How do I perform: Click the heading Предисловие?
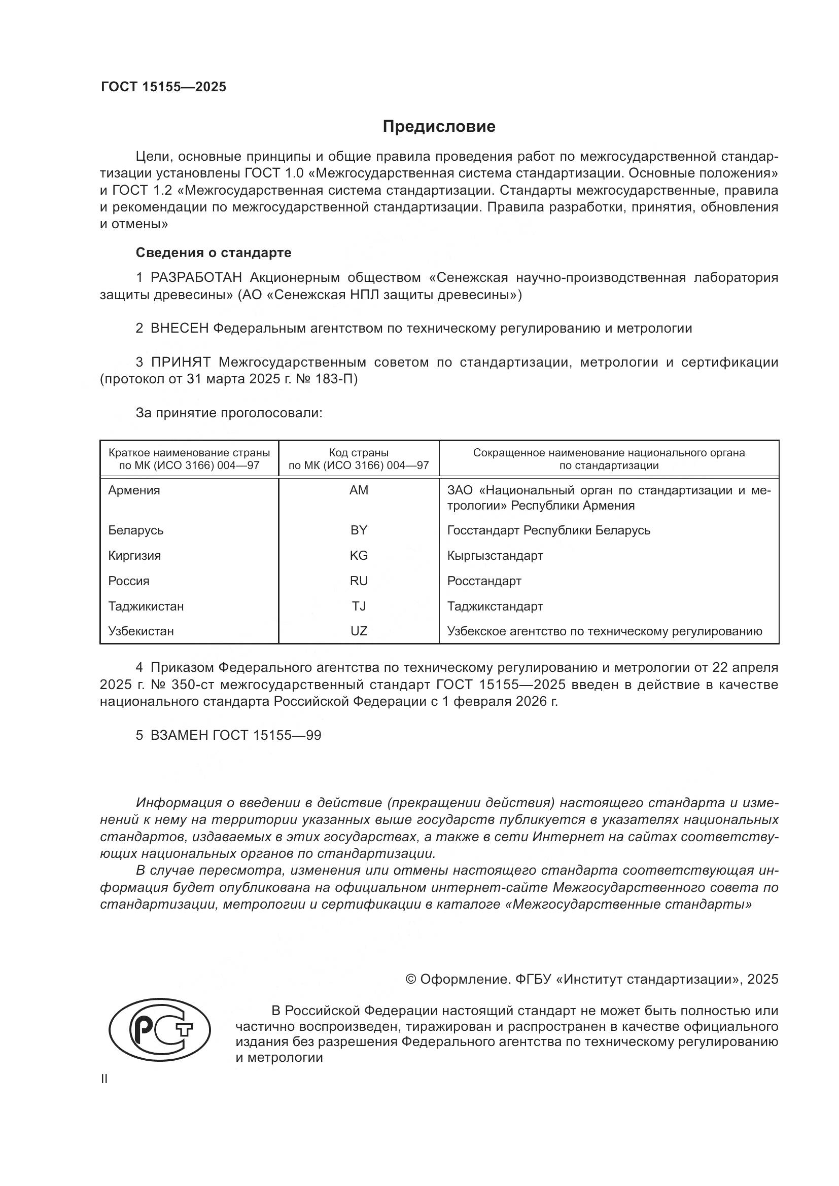[439, 127]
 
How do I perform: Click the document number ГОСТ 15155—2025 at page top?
[163, 87]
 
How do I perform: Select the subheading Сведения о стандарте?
[214, 253]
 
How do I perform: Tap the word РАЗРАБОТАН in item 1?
[196, 277]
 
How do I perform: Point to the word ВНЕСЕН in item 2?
[179, 328]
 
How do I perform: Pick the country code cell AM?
[359, 490]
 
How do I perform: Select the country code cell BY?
[359, 530]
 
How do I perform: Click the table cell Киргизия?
[134, 555]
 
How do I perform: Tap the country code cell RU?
[359, 581]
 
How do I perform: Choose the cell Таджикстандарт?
[495, 606]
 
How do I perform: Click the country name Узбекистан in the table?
[141, 631]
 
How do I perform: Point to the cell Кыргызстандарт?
[495, 555]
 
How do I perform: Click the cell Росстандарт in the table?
[483, 581]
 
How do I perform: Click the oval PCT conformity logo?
[160, 1029]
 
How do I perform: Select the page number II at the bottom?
[104, 1079]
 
